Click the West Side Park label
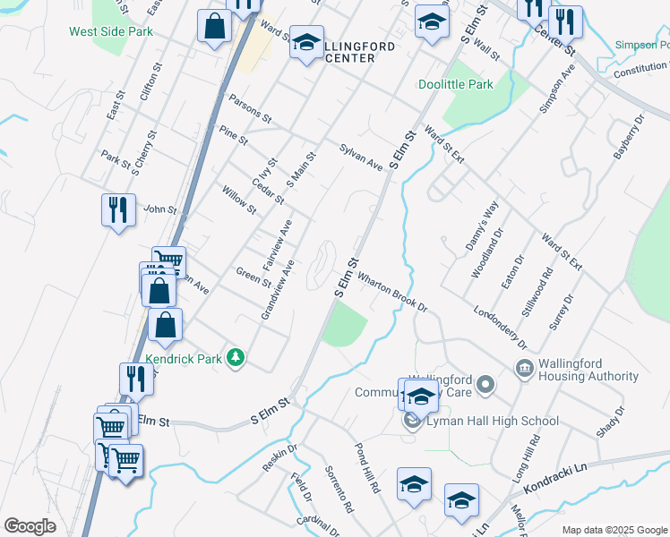coord(111,31)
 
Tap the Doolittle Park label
coord(456,85)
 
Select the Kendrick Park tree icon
coord(236,358)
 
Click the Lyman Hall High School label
coord(493,421)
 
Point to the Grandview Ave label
coord(278,290)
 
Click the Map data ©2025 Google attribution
coord(614,530)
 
